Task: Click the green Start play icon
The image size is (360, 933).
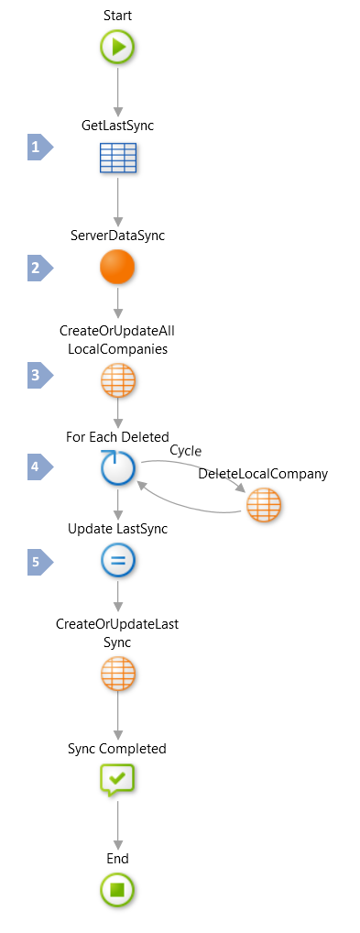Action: (117, 48)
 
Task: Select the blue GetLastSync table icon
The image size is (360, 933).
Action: (117, 158)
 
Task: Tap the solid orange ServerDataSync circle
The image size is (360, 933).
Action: (117, 268)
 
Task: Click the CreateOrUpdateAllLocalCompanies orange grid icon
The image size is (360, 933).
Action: (117, 381)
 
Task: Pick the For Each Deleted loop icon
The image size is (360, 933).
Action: (117, 468)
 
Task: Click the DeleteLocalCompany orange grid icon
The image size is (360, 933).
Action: (264, 505)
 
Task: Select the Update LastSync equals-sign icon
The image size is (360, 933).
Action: (117, 560)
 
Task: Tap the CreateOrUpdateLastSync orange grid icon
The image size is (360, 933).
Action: (117, 675)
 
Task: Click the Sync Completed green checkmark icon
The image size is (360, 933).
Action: (117, 780)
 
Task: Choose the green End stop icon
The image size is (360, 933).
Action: (117, 889)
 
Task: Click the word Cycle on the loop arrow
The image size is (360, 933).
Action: (186, 450)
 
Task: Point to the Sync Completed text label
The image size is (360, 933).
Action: (117, 749)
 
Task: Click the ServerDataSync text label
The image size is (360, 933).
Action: (117, 236)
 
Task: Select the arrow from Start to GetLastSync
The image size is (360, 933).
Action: (117, 92)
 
